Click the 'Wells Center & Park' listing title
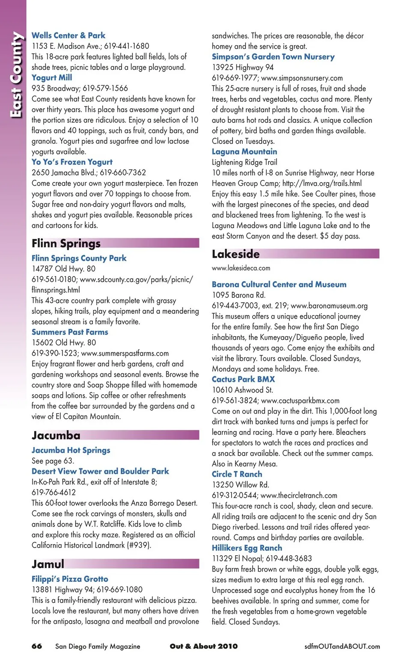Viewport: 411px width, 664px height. [x=68, y=36]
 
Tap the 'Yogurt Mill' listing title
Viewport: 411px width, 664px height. [x=52, y=77]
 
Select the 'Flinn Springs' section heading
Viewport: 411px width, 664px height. [x=66, y=244]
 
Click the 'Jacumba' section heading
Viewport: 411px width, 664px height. [x=56, y=435]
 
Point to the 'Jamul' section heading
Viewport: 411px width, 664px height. [x=48, y=564]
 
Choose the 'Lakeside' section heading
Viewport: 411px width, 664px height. [x=236, y=254]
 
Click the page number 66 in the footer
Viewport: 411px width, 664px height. [x=37, y=646]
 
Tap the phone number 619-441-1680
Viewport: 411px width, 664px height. [x=127, y=46]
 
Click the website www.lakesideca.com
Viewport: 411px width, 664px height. [x=241, y=268]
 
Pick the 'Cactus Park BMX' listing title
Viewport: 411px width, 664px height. [x=243, y=379]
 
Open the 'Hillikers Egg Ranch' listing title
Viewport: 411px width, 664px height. [x=247, y=548]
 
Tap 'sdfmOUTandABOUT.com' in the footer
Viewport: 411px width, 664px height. [x=342, y=646]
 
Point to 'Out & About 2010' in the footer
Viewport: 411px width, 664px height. [x=203, y=646]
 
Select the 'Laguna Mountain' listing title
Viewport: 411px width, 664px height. [x=244, y=152]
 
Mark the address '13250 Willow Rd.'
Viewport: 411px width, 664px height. [x=241, y=485]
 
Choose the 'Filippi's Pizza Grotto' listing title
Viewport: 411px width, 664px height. [x=70, y=579]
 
